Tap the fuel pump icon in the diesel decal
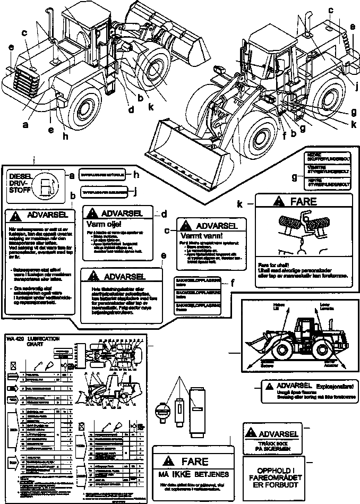click(47, 186)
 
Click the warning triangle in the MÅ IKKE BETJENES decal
click(168, 460)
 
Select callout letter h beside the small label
click(135, 175)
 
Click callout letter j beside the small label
click(135, 192)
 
